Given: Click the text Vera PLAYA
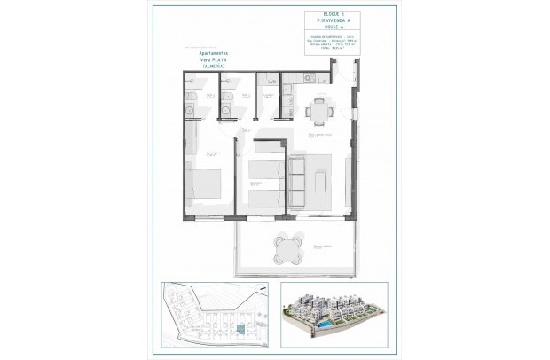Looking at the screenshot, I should pyautogui.click(x=212, y=59).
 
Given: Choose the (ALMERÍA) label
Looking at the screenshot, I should pyautogui.click(x=212, y=67).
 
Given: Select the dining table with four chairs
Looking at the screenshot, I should pyautogui.click(x=319, y=111).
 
